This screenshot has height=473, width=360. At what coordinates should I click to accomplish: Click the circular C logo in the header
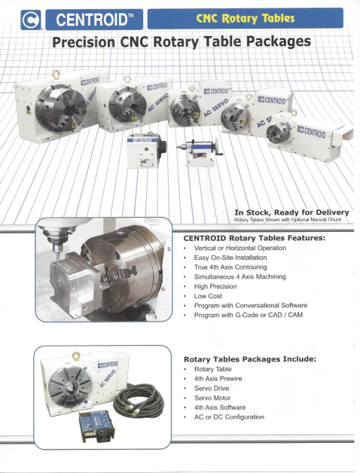pyautogui.click(x=31, y=20)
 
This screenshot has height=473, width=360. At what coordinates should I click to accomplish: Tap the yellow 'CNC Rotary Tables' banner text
pyautogui.click(x=245, y=18)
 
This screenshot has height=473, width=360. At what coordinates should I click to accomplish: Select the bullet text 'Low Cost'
pyautogui.click(x=208, y=296)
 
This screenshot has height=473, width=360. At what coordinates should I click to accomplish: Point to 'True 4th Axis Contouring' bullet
pyautogui.click(x=230, y=267)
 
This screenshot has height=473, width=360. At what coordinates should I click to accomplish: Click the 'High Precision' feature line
pyautogui.click(x=215, y=286)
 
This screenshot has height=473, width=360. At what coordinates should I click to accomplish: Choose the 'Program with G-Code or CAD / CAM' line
pyautogui.click(x=248, y=315)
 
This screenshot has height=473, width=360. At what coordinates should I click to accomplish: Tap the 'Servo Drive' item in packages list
pyautogui.click(x=212, y=388)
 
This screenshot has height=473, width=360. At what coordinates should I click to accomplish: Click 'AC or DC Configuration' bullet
pyautogui.click(x=229, y=417)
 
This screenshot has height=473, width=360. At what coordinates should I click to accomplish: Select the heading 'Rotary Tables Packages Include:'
pyautogui.click(x=250, y=359)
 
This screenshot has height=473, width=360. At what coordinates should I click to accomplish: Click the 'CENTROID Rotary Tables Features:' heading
pyautogui.click(x=255, y=238)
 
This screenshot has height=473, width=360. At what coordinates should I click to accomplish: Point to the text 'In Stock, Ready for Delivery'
pyautogui.click(x=291, y=212)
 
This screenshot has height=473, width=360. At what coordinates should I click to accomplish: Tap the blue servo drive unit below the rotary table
pyautogui.click(x=96, y=426)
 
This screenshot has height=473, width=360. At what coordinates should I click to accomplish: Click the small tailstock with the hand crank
pyautogui.click(x=200, y=152)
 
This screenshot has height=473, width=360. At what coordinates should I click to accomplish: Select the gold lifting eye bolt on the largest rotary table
pyautogui.click(x=56, y=74)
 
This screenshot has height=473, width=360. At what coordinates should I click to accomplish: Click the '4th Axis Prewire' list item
pyautogui.click(x=218, y=379)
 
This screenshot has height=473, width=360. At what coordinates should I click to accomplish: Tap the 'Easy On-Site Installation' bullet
pyautogui.click(x=230, y=258)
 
